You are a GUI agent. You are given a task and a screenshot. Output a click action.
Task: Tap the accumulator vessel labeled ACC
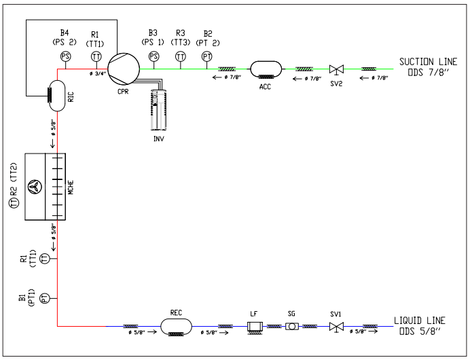tap(266, 69)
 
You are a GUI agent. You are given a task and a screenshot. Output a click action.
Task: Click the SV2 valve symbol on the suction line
tap(335, 69)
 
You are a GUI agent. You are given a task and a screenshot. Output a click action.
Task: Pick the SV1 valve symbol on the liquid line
tap(334, 327)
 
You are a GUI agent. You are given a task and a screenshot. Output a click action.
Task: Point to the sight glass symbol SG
tap(292, 327)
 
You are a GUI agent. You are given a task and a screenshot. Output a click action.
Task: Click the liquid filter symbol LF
tap(254, 327)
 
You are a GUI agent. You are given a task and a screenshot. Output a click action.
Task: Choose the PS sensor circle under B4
tap(65, 56)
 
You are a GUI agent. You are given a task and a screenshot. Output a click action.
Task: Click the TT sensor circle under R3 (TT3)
tap(180, 57)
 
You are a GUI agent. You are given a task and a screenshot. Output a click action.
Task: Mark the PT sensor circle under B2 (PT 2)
tap(207, 57)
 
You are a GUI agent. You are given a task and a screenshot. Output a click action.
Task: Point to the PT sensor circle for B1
tap(44, 298)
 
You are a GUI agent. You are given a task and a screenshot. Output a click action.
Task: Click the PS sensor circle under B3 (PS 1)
tap(153, 57)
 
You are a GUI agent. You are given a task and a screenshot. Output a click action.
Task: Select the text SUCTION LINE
tap(428, 62)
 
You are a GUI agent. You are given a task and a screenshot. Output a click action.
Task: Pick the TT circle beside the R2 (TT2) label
tap(13, 202)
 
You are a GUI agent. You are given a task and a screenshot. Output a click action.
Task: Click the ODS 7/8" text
tap(429, 73)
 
